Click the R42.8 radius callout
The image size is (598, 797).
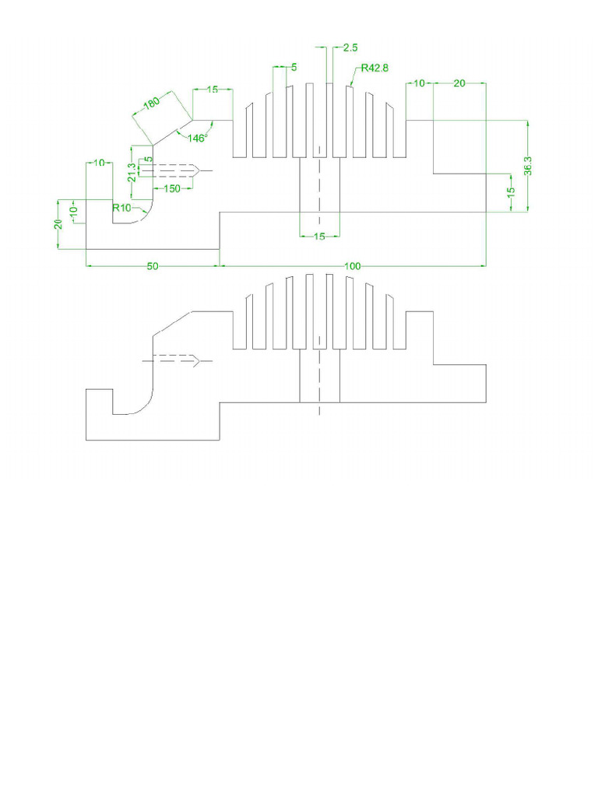tap(375, 68)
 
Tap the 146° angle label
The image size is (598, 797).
tap(195, 138)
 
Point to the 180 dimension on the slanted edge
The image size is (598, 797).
tap(152, 103)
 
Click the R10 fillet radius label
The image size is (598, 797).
tap(122, 208)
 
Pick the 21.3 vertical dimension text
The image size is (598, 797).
tap(132, 172)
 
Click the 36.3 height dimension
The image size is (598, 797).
tap(528, 167)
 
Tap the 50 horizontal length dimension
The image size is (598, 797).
tap(153, 266)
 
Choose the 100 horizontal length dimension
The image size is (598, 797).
tap(352, 266)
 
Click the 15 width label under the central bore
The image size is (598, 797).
tap(319, 237)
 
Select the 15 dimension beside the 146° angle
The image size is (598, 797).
tap(212, 90)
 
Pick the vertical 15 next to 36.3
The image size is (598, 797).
tap(510, 192)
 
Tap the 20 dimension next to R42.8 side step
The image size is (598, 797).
tap(459, 83)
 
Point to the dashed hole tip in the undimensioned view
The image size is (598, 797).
tap(202, 360)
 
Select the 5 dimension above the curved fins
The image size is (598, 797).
tap(294, 68)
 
